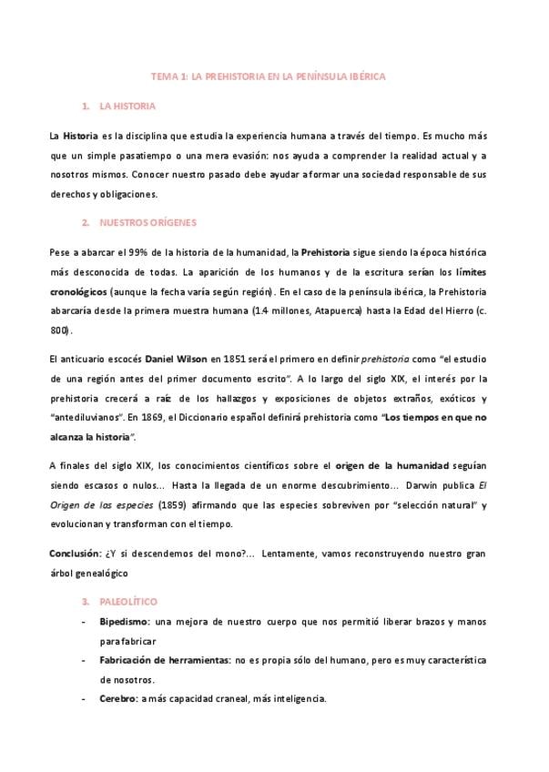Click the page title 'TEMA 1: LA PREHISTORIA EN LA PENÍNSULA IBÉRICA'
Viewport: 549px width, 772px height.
pos(268,78)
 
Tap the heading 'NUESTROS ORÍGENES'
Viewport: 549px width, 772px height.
pos(146,222)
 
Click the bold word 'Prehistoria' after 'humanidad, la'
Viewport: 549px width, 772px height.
pos(330,251)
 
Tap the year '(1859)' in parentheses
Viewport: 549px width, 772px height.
pos(172,504)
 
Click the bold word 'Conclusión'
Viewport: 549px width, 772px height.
pos(76,554)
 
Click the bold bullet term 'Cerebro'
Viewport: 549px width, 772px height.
pos(118,699)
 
